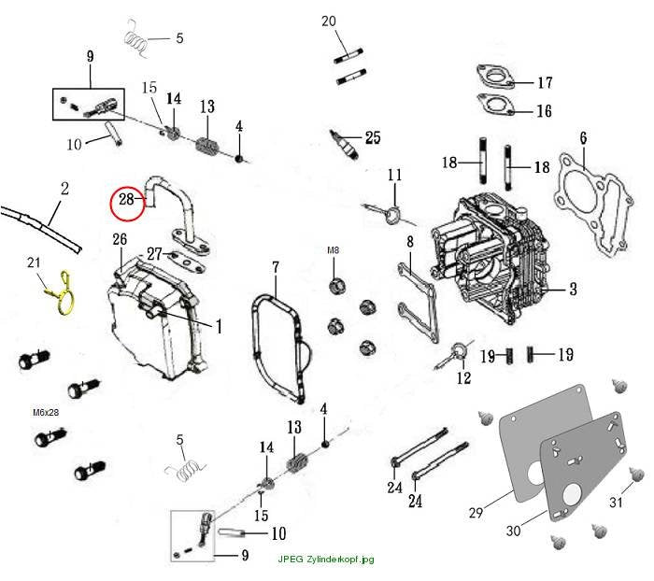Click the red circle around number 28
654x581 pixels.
click(x=110, y=203)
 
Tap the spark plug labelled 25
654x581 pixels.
click(x=344, y=144)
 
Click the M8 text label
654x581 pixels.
click(x=333, y=250)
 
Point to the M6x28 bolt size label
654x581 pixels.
click(x=46, y=412)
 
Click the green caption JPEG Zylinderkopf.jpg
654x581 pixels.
click(x=326, y=559)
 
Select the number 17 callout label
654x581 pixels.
click(x=545, y=82)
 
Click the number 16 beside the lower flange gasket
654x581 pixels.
click(x=544, y=111)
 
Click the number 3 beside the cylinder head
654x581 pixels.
click(x=573, y=289)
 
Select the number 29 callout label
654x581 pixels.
click(x=476, y=512)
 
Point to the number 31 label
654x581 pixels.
click(x=616, y=502)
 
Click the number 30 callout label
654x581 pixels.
click(x=514, y=531)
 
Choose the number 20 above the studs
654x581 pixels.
click(x=329, y=21)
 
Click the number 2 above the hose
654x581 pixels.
click(x=64, y=189)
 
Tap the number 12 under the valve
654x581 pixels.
click(x=463, y=378)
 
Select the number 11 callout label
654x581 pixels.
click(x=394, y=175)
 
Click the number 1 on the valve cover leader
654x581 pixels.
click(x=219, y=327)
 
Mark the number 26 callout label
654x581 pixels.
click(x=120, y=239)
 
